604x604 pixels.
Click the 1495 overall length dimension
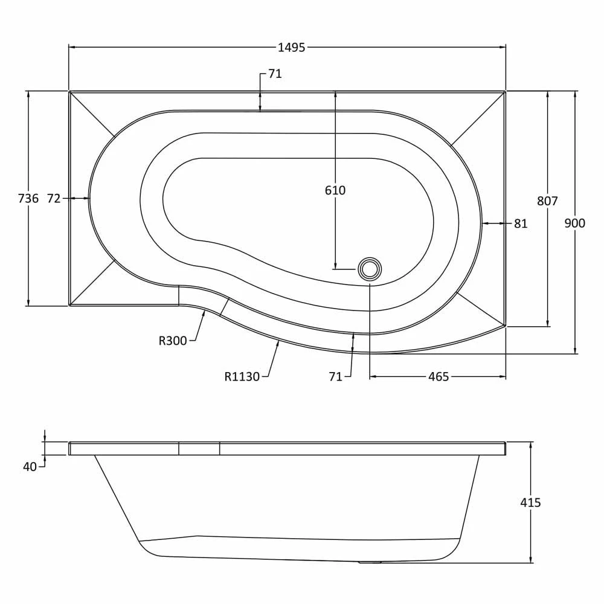(291, 48)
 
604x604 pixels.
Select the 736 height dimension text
(28, 198)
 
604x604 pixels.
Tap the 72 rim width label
(54, 198)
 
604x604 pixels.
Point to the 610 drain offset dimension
(335, 190)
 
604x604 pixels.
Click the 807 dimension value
(547, 201)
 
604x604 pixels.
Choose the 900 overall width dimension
(574, 223)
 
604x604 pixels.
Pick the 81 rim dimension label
(521, 223)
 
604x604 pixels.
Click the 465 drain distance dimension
(438, 377)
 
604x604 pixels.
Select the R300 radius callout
(173, 341)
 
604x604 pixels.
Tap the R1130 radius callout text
(242, 377)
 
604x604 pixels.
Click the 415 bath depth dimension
(530, 503)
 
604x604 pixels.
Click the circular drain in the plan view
(370, 269)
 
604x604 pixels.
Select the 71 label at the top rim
(275, 74)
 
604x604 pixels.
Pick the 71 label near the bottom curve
(336, 377)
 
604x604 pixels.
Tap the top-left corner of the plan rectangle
(69, 91)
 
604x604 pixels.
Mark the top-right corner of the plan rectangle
(505, 91)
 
